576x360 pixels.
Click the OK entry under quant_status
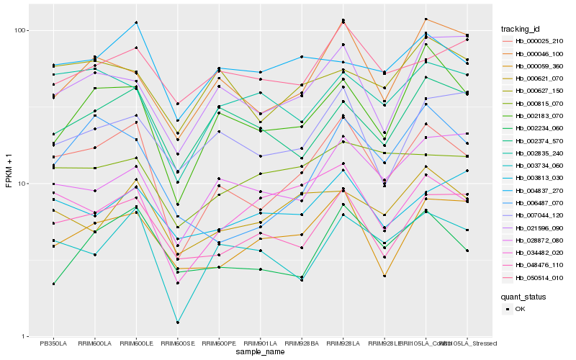pos(520,309)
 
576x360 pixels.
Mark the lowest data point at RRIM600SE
pos(177,322)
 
